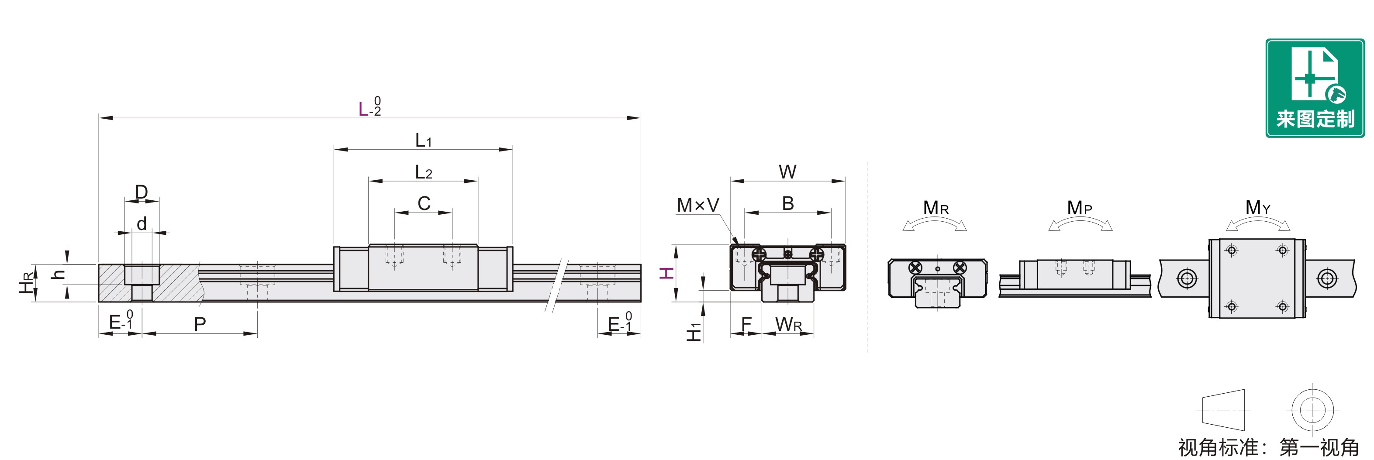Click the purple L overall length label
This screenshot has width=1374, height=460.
point(363,109)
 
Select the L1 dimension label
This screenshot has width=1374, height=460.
point(424,140)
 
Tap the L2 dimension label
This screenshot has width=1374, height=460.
point(424,172)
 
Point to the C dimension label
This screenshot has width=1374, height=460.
point(424,203)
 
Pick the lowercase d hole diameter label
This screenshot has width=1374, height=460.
point(142,224)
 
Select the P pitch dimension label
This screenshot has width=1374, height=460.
point(200,323)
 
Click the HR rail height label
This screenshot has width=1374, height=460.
point(27,282)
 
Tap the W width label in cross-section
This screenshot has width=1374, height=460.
point(787,172)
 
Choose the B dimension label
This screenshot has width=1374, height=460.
point(788,203)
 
